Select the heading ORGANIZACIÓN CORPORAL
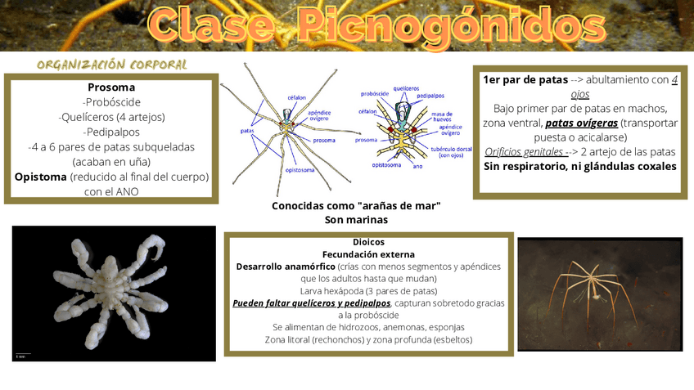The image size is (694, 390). (112, 65)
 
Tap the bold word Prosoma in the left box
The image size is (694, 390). (111, 87)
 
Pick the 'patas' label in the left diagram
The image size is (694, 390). (246, 131)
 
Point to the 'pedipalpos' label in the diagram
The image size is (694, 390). (430, 95)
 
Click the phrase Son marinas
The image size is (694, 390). (356, 219)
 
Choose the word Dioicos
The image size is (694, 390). (368, 242)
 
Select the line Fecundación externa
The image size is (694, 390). (368, 254)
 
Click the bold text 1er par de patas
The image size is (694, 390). (525, 79)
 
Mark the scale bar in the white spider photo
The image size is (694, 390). (23, 354)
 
